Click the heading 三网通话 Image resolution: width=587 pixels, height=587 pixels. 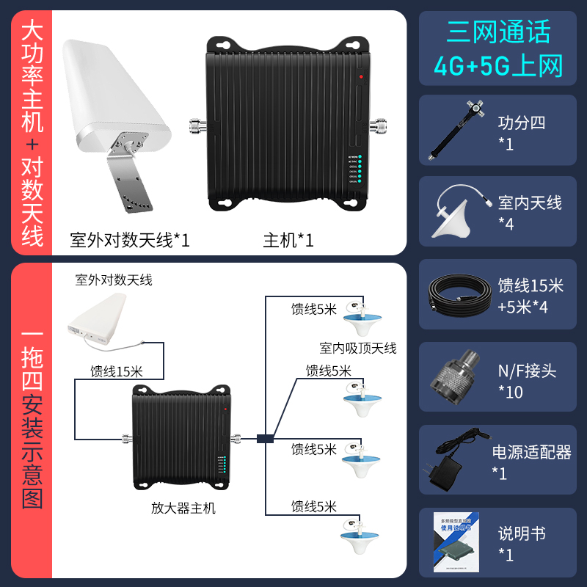click(x=498, y=33)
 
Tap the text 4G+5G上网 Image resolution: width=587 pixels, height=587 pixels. click(x=498, y=66)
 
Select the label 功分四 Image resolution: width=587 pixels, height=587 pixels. click(x=522, y=123)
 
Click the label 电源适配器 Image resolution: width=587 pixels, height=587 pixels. click(x=531, y=452)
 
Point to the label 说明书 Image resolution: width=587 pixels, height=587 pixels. click(x=522, y=533)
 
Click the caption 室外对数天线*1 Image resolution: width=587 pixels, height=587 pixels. click(x=130, y=240)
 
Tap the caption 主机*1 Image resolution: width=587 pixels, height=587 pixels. click(x=288, y=240)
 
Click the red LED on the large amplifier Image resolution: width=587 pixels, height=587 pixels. click(x=361, y=76)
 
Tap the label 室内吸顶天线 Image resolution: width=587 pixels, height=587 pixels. click(x=357, y=348)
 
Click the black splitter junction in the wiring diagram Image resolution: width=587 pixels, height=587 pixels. click(x=265, y=440)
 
